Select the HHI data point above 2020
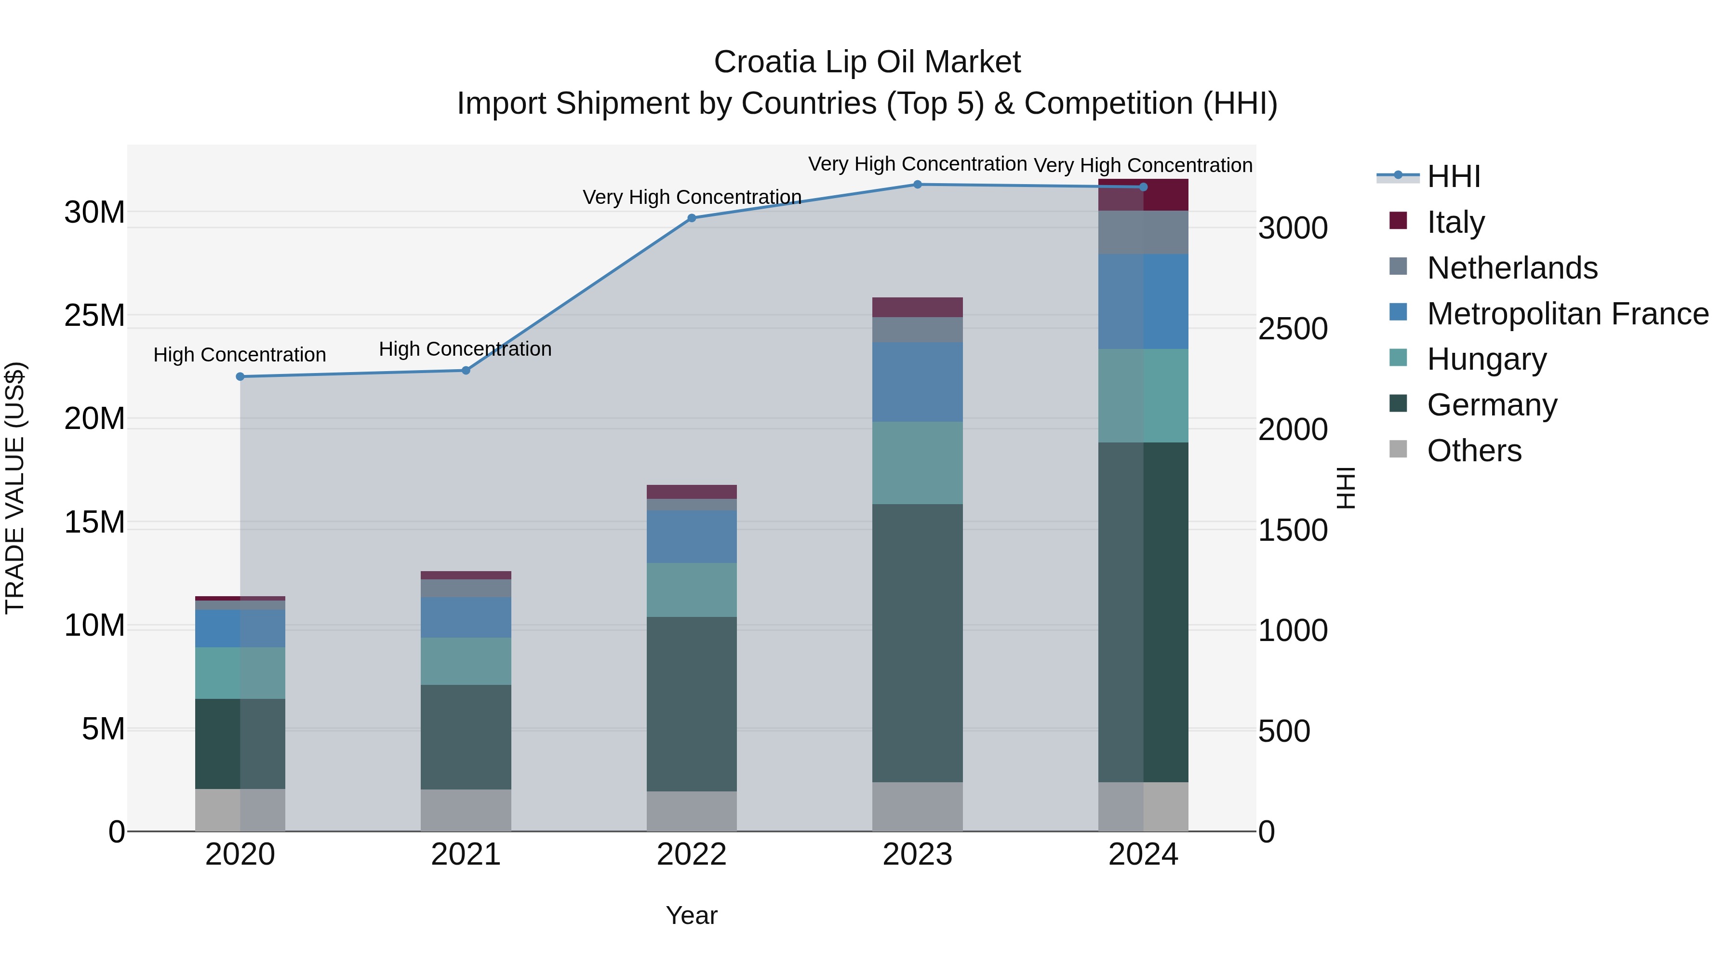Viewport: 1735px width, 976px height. pos(240,376)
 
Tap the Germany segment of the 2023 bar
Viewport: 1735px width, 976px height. pos(917,643)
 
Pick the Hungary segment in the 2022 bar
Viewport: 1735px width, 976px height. pos(692,590)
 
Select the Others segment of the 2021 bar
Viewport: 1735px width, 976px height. pos(466,810)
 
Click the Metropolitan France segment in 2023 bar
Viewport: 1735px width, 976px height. pos(917,382)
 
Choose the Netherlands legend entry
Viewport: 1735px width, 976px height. pos(1512,268)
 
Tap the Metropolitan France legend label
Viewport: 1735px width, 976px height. pos(1567,314)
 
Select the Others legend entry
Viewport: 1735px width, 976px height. pos(1474,451)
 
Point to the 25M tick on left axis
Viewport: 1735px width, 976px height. pos(94,316)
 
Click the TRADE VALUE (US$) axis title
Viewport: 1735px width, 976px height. pos(15,488)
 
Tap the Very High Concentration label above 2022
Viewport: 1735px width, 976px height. pos(692,197)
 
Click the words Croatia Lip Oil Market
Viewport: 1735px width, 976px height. pos(867,62)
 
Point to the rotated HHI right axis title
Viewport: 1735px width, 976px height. pos(1346,488)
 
